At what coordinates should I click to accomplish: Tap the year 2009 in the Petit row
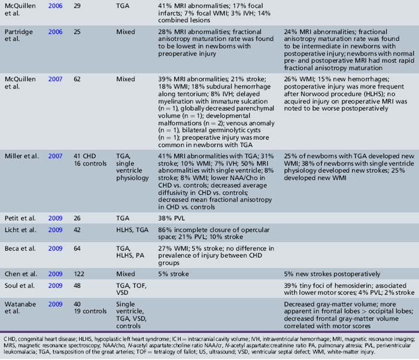55,213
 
